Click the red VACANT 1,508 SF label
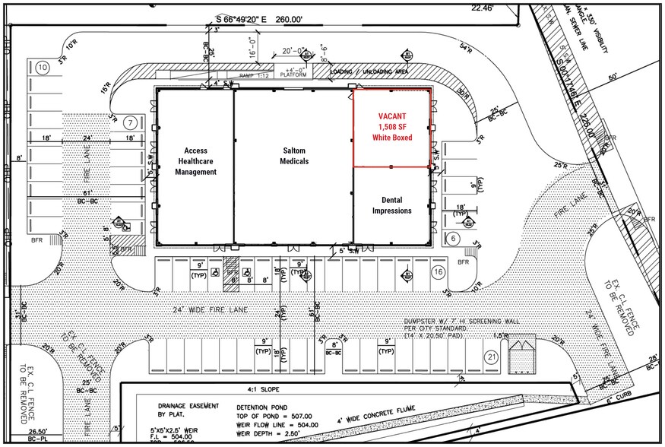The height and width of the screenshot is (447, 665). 392,127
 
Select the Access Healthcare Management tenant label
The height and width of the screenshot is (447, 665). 197,161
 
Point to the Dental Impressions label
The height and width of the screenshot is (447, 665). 391,204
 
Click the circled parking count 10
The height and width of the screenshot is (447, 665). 43,68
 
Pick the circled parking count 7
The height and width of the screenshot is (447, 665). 131,122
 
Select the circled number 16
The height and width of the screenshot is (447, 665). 438,271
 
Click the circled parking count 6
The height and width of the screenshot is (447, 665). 453,238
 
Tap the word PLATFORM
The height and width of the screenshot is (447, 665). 293,76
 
